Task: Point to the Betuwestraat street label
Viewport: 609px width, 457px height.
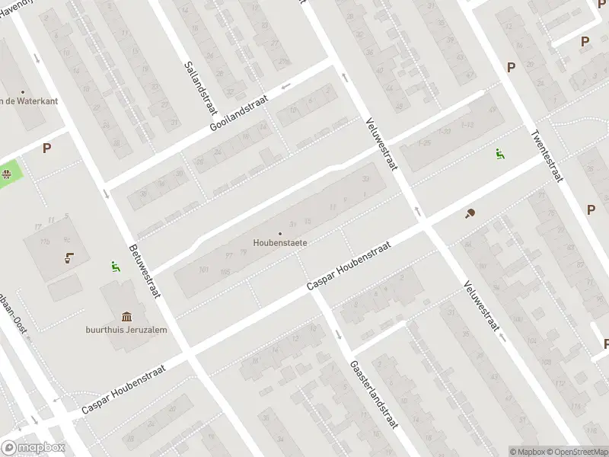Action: click(144, 270)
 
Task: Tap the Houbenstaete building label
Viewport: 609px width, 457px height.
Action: click(280, 244)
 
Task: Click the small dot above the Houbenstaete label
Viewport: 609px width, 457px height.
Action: click(280, 233)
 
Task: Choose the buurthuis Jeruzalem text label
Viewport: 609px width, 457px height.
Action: click(126, 330)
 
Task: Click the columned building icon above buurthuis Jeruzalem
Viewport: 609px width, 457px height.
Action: click(126, 316)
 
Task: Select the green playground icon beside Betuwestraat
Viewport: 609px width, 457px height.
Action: click(115, 267)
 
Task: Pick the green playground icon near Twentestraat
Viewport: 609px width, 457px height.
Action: click(499, 154)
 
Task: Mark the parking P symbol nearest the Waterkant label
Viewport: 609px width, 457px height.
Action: click(47, 149)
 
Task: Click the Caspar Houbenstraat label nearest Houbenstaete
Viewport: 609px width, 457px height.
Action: click(349, 266)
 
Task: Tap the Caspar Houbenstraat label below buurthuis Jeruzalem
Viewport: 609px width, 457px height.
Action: click(134, 387)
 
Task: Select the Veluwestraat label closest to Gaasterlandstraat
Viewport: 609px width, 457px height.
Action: click(480, 305)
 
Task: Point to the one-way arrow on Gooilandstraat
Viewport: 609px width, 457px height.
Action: click(286, 85)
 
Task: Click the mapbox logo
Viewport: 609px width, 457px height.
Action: click(32, 448)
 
